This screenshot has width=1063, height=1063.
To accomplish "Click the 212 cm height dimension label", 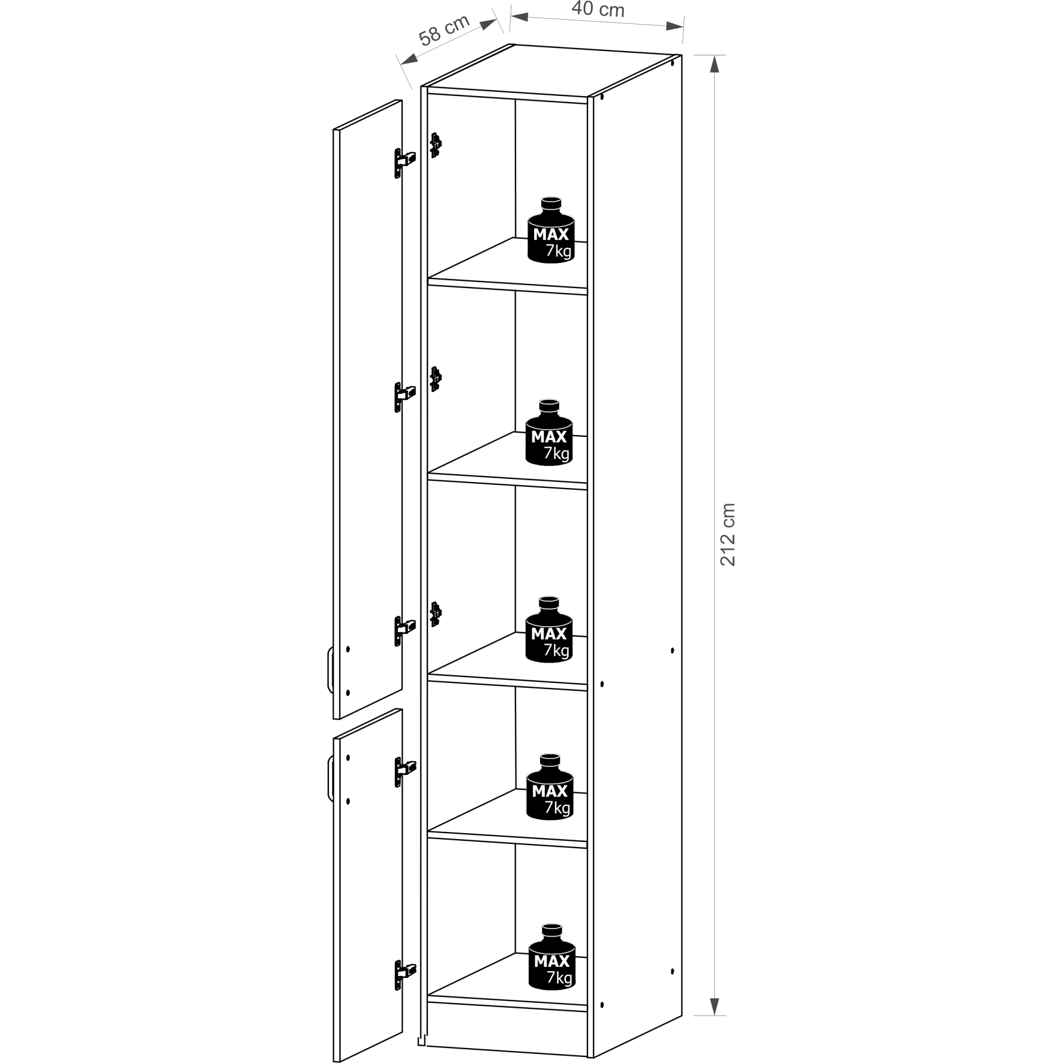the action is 728,534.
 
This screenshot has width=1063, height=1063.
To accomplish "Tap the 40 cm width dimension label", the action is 598,9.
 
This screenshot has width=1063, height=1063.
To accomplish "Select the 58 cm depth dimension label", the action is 444,30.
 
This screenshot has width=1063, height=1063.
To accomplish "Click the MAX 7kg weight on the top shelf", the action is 551,230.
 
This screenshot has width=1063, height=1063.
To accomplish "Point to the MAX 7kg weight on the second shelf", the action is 549,433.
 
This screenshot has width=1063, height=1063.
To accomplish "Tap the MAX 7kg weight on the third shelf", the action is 549,629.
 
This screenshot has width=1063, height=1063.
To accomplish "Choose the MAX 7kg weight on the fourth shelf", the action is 550,787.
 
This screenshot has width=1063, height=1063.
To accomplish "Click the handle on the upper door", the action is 330,670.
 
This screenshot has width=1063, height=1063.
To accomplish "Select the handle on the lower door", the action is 330,779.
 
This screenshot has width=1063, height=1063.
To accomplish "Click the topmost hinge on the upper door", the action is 404,162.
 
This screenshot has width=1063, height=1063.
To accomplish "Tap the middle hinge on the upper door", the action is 404,397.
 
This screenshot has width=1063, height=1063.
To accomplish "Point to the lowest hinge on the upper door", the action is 404,630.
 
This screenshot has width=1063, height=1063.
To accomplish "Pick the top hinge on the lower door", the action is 405,771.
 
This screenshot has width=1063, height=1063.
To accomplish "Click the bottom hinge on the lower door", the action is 405,975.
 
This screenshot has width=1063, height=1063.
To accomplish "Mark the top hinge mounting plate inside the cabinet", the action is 435,145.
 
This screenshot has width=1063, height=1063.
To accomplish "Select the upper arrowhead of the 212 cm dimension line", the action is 714,64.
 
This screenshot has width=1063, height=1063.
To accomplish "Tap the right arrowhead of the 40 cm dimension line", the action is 674,26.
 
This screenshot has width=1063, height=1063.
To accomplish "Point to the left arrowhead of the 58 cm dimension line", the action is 410,58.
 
